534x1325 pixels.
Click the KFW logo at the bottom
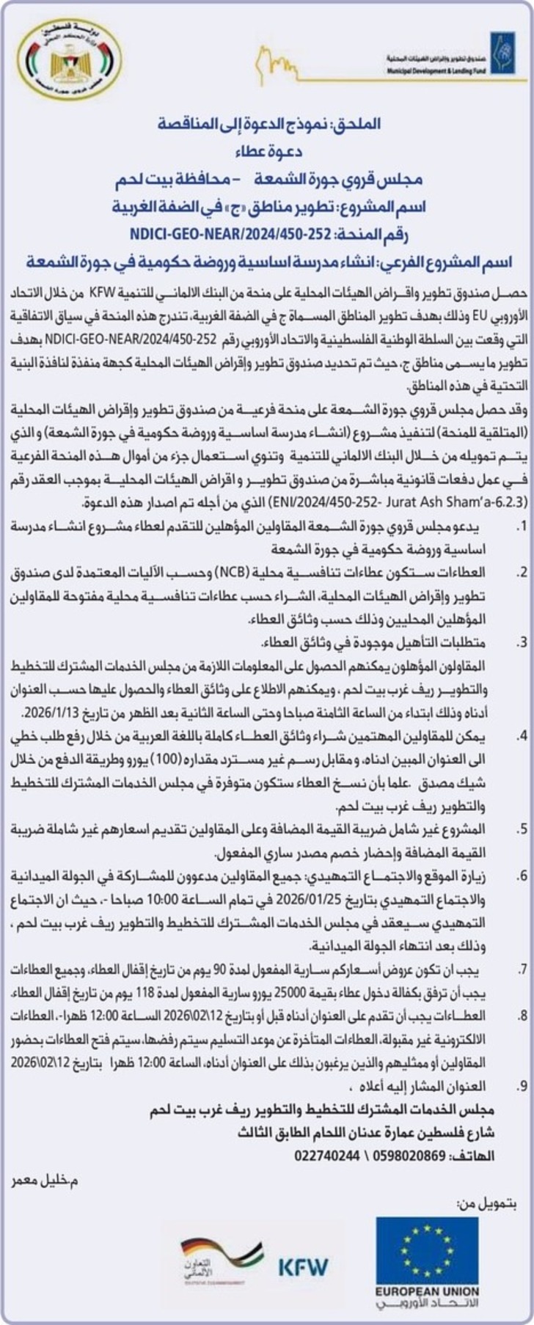303,1266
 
